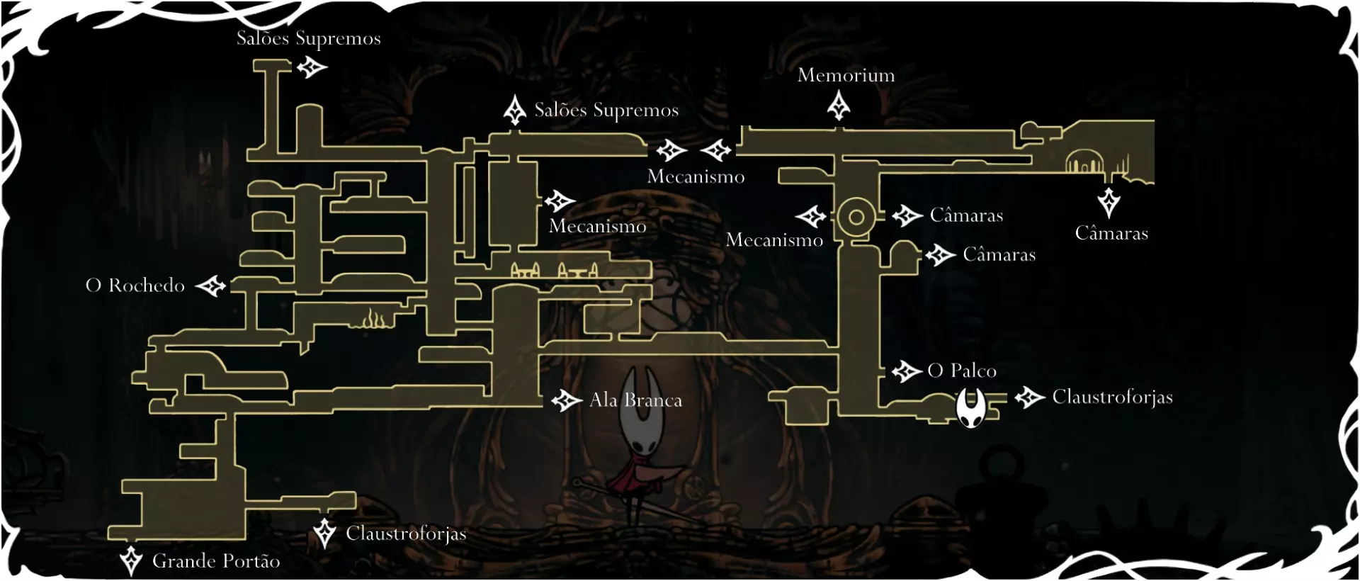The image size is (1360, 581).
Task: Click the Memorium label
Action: (846, 75)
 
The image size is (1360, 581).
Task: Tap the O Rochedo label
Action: (135, 286)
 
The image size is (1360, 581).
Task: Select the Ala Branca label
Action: (635, 400)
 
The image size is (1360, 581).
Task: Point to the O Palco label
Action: (961, 371)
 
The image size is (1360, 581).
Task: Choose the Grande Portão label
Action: (216, 561)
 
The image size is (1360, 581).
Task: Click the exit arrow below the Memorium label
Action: (839, 106)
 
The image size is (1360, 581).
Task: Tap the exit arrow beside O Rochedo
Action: (210, 286)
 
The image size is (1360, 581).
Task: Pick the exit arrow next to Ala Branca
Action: (566, 400)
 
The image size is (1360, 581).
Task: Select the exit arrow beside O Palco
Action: (906, 371)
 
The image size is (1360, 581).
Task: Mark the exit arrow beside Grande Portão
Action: (130, 560)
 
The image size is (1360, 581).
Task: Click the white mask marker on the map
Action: (970, 409)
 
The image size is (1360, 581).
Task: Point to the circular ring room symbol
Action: (856, 217)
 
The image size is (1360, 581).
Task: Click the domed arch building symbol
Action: (1084, 162)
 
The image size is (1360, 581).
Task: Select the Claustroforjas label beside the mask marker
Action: (1112, 397)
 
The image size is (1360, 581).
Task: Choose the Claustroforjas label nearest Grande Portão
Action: (406, 534)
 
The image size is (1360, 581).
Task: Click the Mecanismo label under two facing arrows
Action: (696, 176)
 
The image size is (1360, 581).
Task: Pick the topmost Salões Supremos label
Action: (308, 38)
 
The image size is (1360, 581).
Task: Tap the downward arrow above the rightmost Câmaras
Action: (1108, 202)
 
